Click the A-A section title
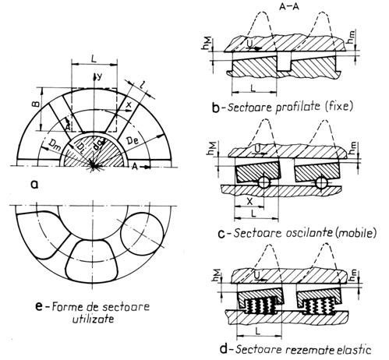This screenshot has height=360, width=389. (x=289, y=7)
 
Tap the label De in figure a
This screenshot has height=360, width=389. (x=133, y=141)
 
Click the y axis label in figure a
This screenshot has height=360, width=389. (x=98, y=76)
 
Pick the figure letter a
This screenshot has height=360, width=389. (x=34, y=185)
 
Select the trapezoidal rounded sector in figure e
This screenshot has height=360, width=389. (x=92, y=261)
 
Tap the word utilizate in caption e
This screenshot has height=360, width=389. (x=93, y=319)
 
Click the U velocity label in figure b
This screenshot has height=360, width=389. (x=249, y=44)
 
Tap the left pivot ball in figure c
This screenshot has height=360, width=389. (x=264, y=182)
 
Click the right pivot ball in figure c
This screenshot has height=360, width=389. (x=321, y=182)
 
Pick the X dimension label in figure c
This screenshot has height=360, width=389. (x=249, y=201)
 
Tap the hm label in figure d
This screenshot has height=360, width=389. (x=352, y=276)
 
